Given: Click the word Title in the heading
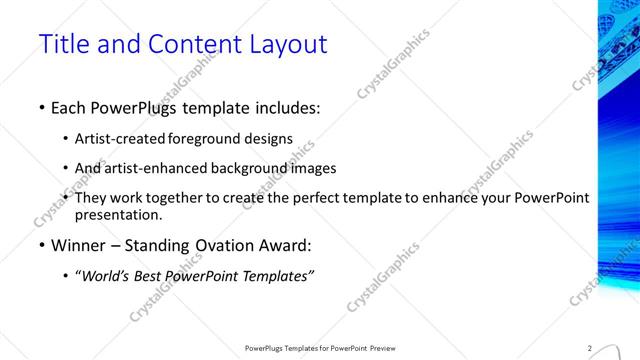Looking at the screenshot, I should (63, 45).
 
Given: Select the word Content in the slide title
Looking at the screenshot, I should (189, 45).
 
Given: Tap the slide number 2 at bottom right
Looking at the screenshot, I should (590, 348).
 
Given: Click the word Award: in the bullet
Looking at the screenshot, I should (284, 245).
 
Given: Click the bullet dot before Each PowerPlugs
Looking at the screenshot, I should (41, 106).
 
